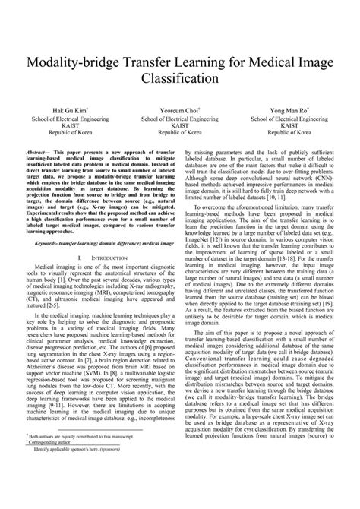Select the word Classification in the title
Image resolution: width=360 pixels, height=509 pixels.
pyautogui.click(x=179, y=78)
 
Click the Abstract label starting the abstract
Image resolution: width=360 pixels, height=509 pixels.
pyautogui.click(x=39, y=153)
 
